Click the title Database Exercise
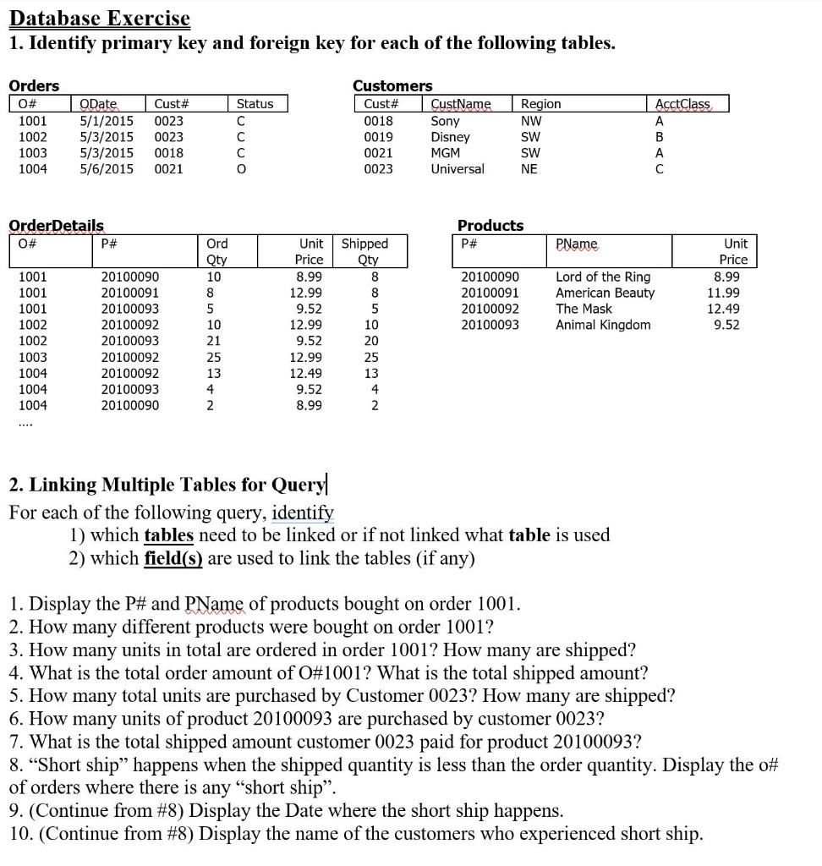coord(100,18)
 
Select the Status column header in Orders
coord(255,104)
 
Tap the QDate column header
coord(98,104)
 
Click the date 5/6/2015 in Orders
coord(107,169)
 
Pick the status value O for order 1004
coord(241,169)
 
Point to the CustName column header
coord(461,104)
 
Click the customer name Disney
coord(450,137)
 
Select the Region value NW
coord(531,121)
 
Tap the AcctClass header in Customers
coord(684,104)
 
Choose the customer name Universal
coord(458,169)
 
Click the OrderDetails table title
coord(56,226)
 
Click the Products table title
coord(490,226)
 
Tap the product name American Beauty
coord(605,293)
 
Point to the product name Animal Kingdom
coord(603,325)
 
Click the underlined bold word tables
coord(169,535)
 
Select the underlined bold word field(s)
coord(174,558)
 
